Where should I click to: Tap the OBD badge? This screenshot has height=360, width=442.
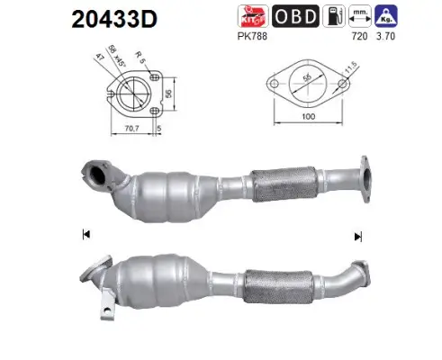pyautogui.click(x=296, y=16)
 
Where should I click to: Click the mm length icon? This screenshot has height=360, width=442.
pyautogui.click(x=361, y=15)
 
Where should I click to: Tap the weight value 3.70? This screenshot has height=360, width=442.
pyautogui.click(x=388, y=38)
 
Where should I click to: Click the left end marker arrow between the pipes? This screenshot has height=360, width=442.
pyautogui.click(x=86, y=235)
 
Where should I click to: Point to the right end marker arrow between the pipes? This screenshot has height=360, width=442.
pyautogui.click(x=358, y=236)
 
